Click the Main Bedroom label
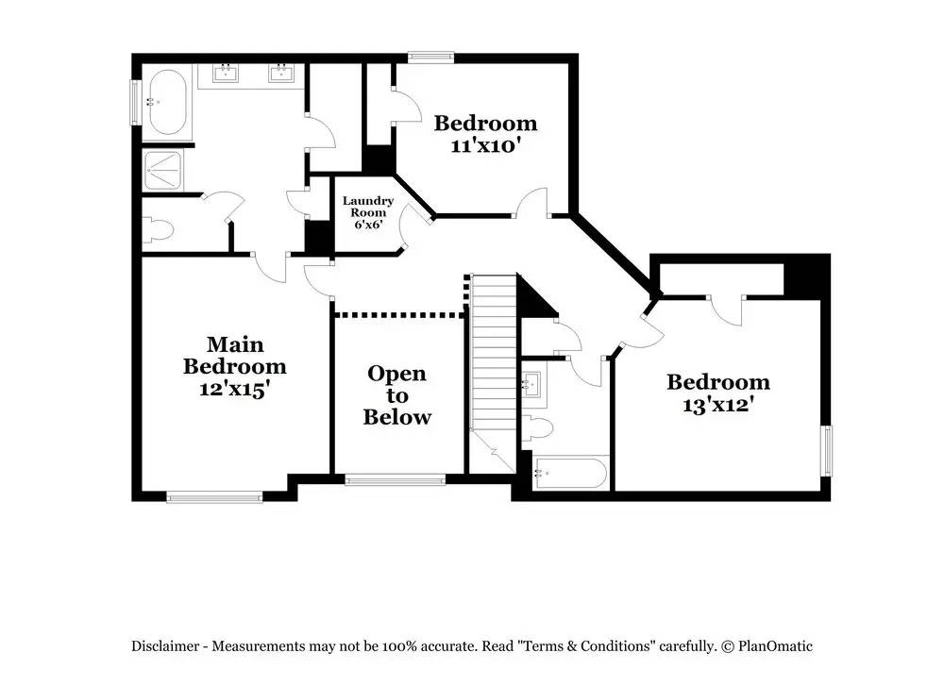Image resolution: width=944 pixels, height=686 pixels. point(234,355)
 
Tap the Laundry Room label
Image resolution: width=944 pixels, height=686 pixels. point(367,207)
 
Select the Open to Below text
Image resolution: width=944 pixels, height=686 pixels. point(396,395)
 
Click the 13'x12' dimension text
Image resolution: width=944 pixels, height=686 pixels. point(717,405)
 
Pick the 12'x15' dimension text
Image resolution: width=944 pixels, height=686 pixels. point(234,388)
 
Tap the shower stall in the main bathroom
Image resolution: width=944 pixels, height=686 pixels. point(167,171)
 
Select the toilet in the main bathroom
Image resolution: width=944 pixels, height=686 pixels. point(158,229)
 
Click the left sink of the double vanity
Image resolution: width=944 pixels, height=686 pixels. point(226,74)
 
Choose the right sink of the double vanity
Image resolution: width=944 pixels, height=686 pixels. point(280,74)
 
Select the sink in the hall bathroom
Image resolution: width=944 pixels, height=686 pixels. point(531,384)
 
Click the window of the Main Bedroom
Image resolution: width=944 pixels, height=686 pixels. point(214,496)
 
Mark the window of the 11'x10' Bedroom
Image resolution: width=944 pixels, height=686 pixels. point(430,57)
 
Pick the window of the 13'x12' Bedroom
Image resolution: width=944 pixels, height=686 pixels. point(827,451)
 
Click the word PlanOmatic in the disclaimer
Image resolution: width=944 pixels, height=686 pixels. point(775,646)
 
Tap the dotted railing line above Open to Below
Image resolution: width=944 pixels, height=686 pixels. point(399,314)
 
